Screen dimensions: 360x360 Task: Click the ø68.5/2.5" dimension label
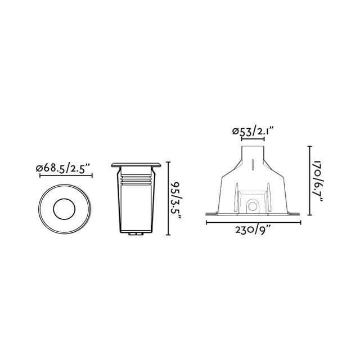click(x=63, y=168)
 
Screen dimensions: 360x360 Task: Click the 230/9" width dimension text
click(x=253, y=230)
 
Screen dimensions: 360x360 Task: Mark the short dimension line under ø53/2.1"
click(x=253, y=139)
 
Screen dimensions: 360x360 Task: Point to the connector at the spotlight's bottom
click(x=136, y=232)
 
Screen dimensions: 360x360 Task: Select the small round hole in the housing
click(x=253, y=207)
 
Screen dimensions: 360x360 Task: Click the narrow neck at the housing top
click(x=253, y=155)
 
